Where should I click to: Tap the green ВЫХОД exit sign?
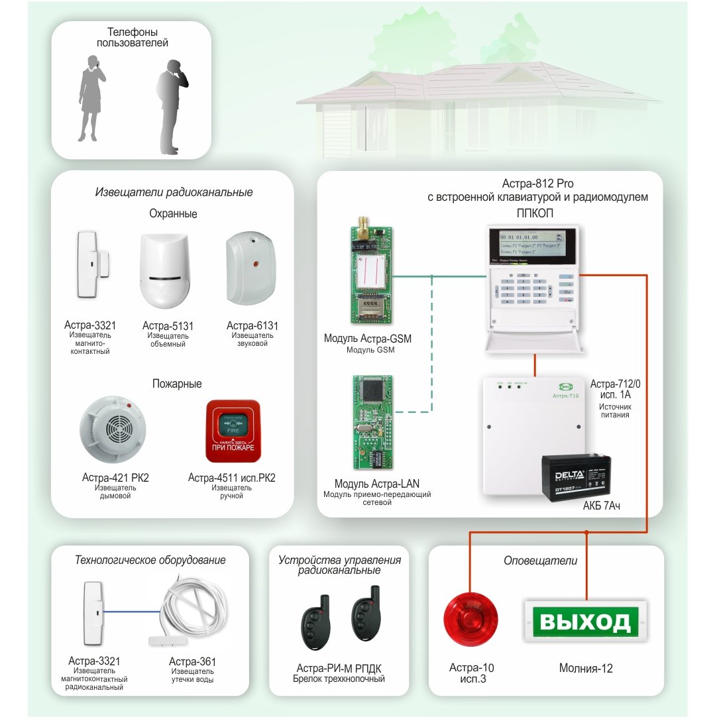(x=586, y=622)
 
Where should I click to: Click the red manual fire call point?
(x=233, y=431)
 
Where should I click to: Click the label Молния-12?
(x=586, y=669)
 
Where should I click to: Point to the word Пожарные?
(x=176, y=384)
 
